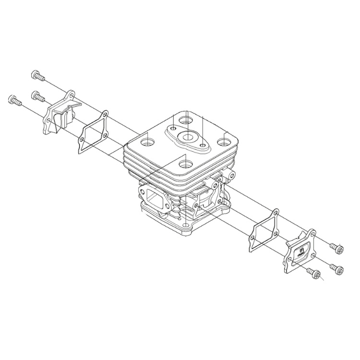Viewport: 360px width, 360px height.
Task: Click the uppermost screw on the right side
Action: tap(336, 248)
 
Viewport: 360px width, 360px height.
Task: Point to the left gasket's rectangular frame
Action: tap(93, 133)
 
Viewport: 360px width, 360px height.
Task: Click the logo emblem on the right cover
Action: tap(301, 252)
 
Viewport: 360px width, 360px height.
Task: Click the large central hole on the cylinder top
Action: tap(185, 138)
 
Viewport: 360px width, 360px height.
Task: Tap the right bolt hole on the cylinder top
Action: tap(223, 142)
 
